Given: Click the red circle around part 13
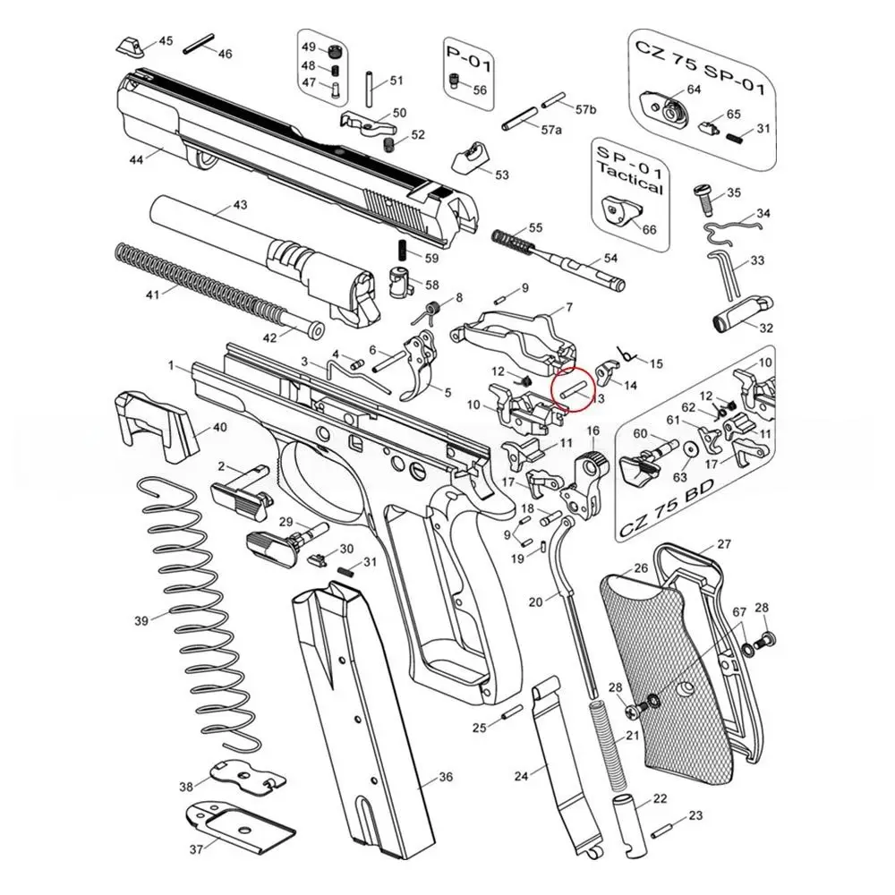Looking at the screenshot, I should point(573,390).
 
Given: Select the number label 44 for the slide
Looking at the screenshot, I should point(137,160).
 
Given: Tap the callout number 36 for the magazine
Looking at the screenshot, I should point(445,777).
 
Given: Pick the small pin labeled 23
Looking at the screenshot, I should point(663,828).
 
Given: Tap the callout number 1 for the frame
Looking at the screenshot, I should point(170,366).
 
